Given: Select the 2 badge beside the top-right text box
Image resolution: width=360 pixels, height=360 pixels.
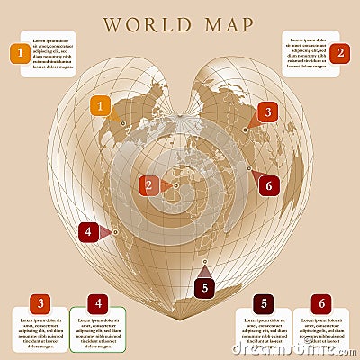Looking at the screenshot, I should (x=339, y=53).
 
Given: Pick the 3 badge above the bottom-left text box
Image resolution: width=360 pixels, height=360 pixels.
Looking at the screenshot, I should (x=39, y=304).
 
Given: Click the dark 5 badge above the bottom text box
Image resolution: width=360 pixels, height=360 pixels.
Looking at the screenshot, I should (x=263, y=304).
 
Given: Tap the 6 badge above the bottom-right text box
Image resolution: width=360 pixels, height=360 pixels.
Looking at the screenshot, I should (x=321, y=304).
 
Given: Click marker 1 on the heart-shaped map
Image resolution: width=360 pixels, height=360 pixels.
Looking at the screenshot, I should (x=102, y=107).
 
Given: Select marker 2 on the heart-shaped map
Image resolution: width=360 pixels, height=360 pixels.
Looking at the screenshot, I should (x=148, y=186).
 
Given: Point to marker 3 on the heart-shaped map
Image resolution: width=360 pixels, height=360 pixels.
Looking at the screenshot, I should (x=265, y=112).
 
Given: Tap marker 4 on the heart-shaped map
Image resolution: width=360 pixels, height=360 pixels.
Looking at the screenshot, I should (x=87, y=232).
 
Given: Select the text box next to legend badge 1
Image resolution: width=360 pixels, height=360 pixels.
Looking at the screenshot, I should (x=51, y=54).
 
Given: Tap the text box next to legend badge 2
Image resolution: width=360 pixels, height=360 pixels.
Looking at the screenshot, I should (x=305, y=54).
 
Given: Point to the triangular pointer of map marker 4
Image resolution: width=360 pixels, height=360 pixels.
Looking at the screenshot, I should (x=105, y=232).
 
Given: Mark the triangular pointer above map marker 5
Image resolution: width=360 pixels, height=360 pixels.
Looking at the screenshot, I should (x=205, y=270).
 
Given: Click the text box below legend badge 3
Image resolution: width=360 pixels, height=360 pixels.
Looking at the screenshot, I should (x=39, y=333).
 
